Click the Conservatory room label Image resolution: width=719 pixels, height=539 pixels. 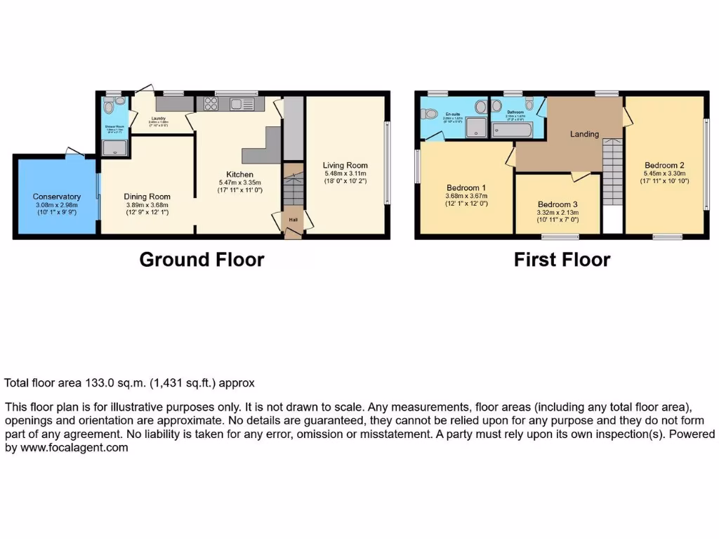pos(57,197)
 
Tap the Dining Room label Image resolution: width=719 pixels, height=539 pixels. pos(147,197)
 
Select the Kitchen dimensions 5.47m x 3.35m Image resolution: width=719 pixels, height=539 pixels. pos(239,183)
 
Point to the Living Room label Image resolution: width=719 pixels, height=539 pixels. pos(345,166)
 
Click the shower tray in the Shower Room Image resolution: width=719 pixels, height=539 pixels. pos(114,147)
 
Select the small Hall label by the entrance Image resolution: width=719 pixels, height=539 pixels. pos(291,220)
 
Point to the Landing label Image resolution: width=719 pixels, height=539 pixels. pos(584,134)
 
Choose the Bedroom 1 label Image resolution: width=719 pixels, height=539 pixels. pos(466,187)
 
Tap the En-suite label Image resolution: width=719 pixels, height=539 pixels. pos(452,114)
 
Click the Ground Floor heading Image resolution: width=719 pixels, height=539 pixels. pos(202,260)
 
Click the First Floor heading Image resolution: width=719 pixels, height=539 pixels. pos(562,260)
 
